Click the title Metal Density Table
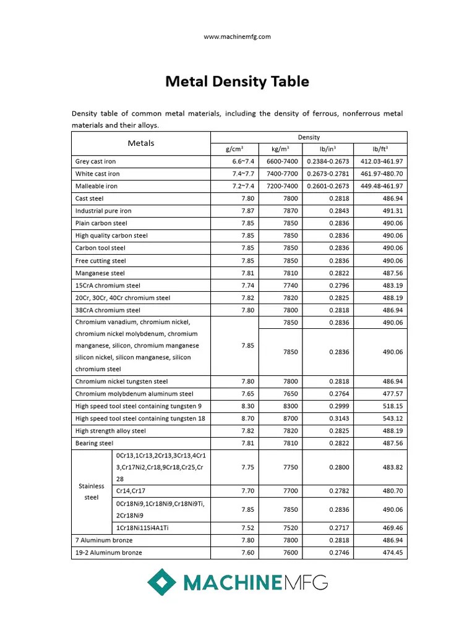[237, 82]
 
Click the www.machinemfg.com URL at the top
[237, 37]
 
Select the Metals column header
[141, 143]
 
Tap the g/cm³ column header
[234, 150]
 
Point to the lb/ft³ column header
[380, 150]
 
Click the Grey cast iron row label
[95, 161]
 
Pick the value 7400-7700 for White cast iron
[282, 174]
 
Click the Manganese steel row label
[100, 273]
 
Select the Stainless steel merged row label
[91, 491]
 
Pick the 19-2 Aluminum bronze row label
[108, 553]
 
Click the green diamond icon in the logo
[161, 582]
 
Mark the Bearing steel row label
[94, 443]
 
